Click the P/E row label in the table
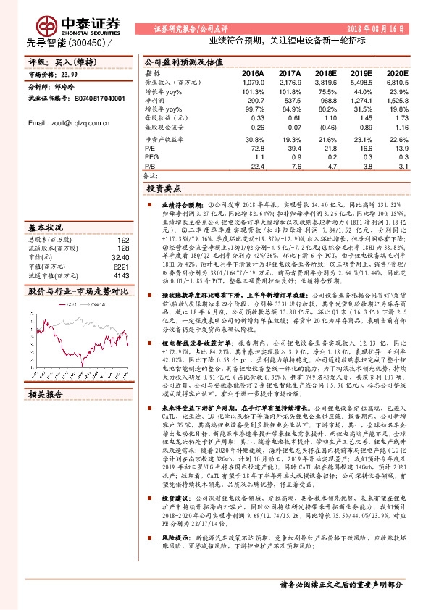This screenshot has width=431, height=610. tap(149, 147)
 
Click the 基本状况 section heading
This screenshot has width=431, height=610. tap(45, 227)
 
